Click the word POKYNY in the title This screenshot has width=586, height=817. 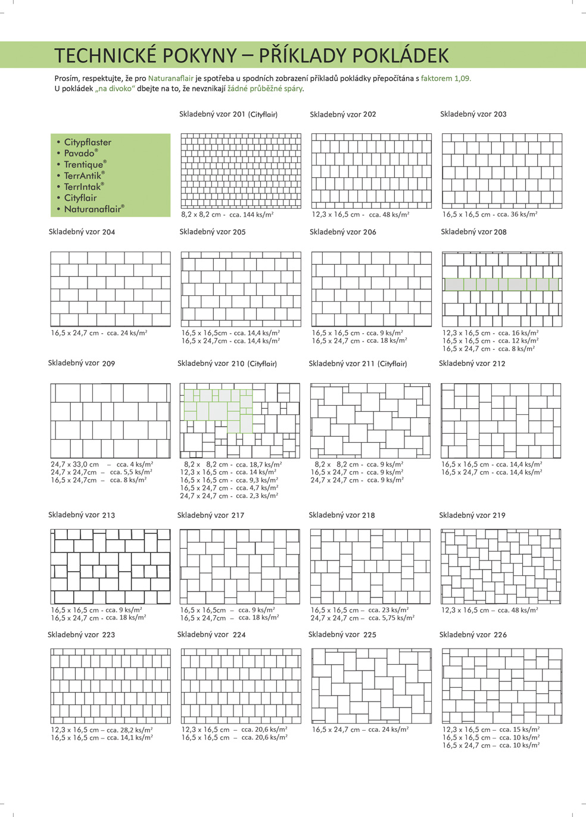[x=200, y=55]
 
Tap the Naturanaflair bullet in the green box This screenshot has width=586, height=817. [x=93, y=209]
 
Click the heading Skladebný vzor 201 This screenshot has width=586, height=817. [x=228, y=114]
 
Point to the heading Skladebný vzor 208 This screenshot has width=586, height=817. [x=473, y=232]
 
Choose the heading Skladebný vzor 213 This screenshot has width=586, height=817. [x=82, y=515]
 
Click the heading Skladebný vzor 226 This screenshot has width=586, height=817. [x=473, y=635]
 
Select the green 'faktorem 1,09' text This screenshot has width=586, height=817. [x=445, y=79]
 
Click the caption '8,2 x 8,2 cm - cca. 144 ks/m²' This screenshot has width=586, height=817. [x=227, y=215]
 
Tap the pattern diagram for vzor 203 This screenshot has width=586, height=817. [x=501, y=171]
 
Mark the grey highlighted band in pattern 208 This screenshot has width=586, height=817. [x=501, y=285]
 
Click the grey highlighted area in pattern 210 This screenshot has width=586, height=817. [x=217, y=408]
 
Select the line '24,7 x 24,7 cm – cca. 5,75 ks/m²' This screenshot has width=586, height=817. [x=362, y=618]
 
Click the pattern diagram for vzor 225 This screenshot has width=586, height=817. [x=371, y=685]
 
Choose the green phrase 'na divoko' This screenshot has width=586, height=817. [x=115, y=89]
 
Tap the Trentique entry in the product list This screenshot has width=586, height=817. [x=85, y=165]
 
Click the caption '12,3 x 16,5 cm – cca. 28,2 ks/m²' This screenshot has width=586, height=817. [x=101, y=730]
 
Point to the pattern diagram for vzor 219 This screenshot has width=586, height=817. [x=500, y=566]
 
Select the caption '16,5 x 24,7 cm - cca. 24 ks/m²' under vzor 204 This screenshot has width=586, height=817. [x=99, y=333]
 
